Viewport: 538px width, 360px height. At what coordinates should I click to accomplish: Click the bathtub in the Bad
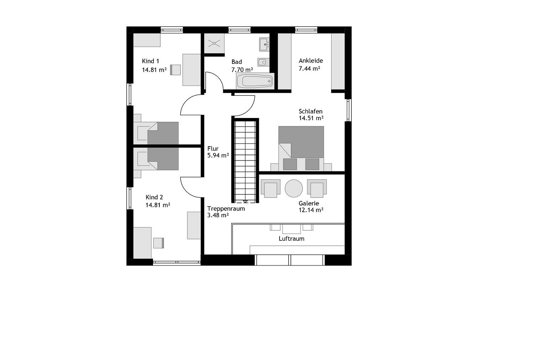(x=255, y=81)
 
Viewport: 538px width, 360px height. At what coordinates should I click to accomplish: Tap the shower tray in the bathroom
(x=214, y=43)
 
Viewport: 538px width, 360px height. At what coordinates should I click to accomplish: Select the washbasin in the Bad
(x=264, y=44)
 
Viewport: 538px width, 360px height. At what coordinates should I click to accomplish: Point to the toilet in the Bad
(x=263, y=62)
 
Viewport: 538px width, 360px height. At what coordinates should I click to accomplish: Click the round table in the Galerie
(x=294, y=188)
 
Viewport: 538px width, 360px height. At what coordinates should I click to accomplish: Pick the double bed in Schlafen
(x=301, y=148)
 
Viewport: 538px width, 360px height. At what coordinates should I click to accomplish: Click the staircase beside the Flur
(x=245, y=160)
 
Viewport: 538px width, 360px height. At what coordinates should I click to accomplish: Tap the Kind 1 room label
(x=150, y=61)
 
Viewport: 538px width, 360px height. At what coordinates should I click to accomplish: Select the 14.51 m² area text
(x=311, y=118)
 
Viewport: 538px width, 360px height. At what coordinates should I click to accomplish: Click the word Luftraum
(x=291, y=239)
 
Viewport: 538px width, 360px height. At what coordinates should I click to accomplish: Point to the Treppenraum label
(x=226, y=209)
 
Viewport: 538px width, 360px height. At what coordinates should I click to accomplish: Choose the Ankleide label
(x=311, y=60)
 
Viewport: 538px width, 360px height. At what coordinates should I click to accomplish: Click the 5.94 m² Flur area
(x=218, y=155)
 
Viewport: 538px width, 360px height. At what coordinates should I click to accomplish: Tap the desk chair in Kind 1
(x=175, y=70)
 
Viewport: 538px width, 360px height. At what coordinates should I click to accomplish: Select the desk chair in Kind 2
(x=158, y=243)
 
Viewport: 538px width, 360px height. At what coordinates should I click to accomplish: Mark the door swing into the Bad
(x=214, y=81)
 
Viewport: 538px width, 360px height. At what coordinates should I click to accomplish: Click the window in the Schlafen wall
(x=349, y=110)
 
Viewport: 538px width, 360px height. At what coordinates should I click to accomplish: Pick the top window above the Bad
(x=240, y=30)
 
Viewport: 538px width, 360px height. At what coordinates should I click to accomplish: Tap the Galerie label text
(x=309, y=203)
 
